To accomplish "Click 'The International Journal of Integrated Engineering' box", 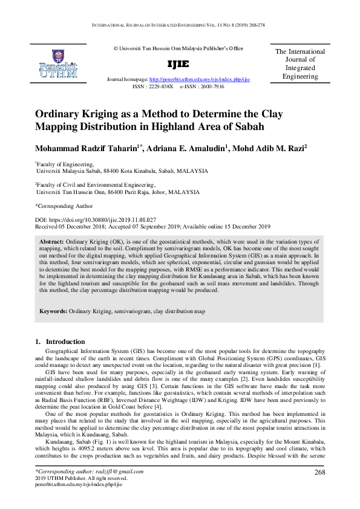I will coord(299,64).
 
